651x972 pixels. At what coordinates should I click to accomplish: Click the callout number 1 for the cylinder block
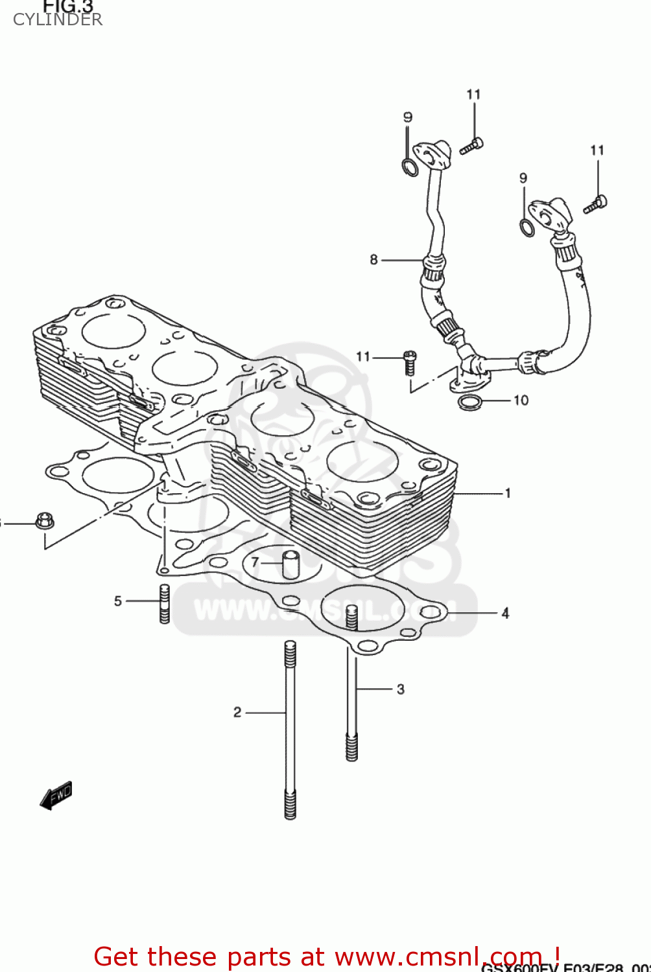point(508,493)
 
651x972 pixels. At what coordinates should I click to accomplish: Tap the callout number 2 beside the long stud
point(237,712)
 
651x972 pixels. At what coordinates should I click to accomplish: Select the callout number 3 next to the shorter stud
point(401,689)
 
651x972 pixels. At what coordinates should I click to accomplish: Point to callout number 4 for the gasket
point(505,612)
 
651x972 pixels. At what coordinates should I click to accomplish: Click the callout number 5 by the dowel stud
point(118,601)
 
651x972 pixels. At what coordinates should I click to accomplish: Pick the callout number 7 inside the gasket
point(255,562)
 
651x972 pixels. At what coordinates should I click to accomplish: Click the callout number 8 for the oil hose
point(373,259)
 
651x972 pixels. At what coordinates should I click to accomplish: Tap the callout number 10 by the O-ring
point(521,400)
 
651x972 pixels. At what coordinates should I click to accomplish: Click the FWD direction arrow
point(56,796)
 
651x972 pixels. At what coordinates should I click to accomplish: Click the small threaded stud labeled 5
point(165,604)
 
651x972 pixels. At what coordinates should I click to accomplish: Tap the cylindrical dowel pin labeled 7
point(290,564)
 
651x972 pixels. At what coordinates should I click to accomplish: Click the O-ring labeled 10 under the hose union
point(470,402)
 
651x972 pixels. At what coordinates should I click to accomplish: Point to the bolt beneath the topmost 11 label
point(471,146)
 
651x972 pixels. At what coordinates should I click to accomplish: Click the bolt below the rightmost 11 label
point(595,204)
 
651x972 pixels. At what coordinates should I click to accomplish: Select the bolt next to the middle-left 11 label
point(410,363)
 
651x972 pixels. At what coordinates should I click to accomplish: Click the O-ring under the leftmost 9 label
point(410,167)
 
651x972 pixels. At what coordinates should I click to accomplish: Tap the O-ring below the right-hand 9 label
point(528,227)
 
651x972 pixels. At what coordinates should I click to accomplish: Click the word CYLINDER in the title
point(57,19)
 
